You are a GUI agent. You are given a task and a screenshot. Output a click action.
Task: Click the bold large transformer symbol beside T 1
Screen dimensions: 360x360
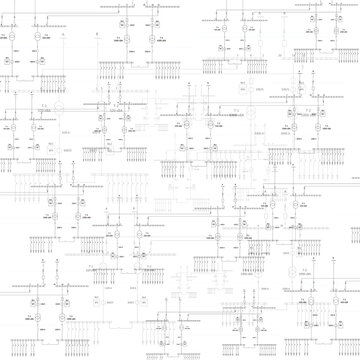[58, 107]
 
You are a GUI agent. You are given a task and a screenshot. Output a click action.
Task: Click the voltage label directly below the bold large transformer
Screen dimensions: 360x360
[58, 117]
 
